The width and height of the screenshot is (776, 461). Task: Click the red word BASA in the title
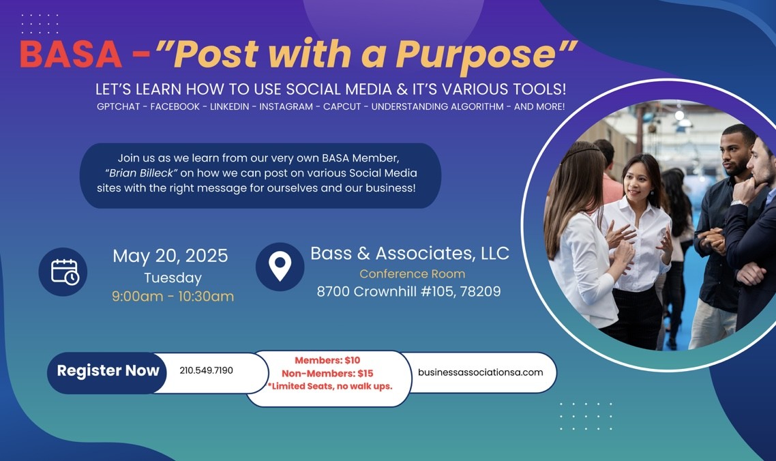pos(71,54)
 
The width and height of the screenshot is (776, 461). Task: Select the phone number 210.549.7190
pos(206,370)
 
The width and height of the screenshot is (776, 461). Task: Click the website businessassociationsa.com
pos(481,372)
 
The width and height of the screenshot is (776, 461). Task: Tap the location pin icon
pos(280,267)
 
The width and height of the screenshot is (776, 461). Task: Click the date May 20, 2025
pos(170,256)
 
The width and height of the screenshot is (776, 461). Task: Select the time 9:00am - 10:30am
pos(173,296)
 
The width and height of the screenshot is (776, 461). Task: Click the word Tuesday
pos(173,278)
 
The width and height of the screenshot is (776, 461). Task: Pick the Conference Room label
pos(413,274)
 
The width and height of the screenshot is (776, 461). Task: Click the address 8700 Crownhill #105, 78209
pos(408,291)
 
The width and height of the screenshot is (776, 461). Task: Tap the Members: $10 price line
pos(327,361)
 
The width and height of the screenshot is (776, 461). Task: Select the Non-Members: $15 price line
pos(327,373)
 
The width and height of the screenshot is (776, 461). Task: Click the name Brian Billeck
pos(141,173)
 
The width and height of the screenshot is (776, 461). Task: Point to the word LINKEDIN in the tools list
pos(230,106)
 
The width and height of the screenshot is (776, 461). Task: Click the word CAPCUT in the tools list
pos(342,106)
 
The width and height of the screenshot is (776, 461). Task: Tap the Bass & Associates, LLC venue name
pos(410,253)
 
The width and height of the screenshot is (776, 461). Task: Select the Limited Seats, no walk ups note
pos(329,386)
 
